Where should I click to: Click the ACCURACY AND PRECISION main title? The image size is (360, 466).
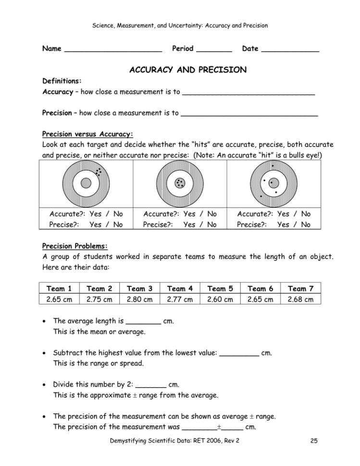point(188,70)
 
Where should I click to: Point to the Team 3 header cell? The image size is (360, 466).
point(139,289)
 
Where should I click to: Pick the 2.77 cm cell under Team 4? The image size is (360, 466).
point(180,299)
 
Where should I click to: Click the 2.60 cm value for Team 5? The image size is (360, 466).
point(220,299)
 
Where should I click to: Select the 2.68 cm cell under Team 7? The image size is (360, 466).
point(300,299)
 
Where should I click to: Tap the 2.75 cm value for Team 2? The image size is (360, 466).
point(99,299)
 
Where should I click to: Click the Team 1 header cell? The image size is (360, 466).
point(59,289)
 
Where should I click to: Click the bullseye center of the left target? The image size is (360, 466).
point(86,183)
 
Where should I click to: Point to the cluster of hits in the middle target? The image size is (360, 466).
point(180,183)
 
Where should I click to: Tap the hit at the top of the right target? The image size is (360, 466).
point(273,166)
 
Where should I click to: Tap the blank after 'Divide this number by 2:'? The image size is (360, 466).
point(151,385)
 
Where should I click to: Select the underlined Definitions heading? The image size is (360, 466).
point(62,81)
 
